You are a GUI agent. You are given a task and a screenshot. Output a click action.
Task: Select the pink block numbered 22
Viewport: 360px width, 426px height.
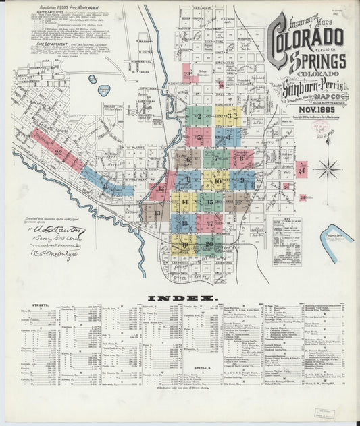coord(57,151)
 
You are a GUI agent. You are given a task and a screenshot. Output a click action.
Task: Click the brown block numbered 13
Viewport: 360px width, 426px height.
coord(157,214)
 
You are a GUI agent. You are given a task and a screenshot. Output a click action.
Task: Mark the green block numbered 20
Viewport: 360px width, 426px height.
coord(209,244)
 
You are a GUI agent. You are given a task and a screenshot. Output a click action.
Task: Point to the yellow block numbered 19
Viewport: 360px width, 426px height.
coord(184,244)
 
